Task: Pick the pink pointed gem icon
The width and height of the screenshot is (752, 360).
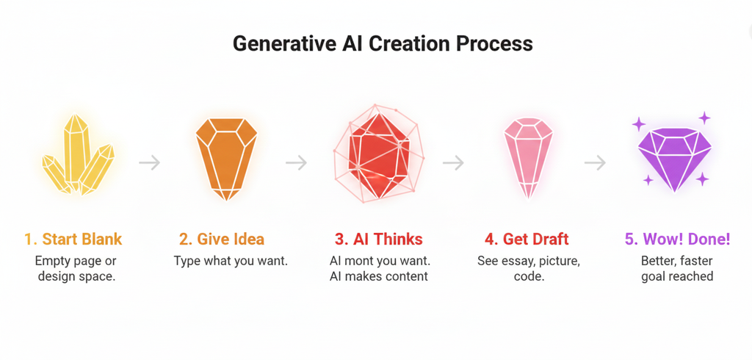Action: [x=528, y=156]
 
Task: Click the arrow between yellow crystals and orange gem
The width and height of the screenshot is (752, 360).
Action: [x=150, y=162]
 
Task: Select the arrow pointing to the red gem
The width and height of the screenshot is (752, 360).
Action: [x=297, y=162]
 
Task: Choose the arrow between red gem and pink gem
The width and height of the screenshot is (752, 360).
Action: [x=454, y=162]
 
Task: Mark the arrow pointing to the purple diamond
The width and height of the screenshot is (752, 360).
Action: [x=595, y=162]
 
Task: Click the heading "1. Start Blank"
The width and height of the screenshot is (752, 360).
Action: [x=73, y=240]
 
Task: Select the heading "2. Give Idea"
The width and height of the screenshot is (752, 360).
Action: [x=222, y=240]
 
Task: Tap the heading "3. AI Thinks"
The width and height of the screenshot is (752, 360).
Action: [x=378, y=240]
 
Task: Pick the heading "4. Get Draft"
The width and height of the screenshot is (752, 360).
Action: [x=527, y=240]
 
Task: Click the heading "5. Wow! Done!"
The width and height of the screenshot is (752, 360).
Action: [x=676, y=240]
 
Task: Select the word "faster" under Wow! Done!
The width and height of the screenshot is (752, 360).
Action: [x=696, y=261]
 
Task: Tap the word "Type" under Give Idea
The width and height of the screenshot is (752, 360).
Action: [x=187, y=261]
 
